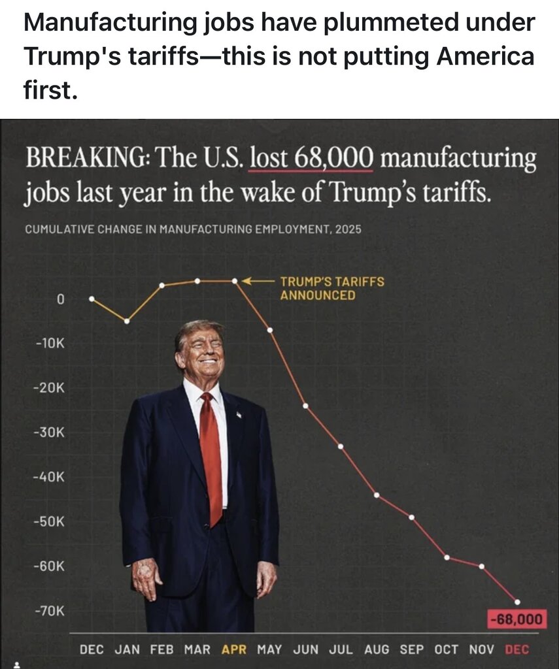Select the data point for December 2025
coord(517,602)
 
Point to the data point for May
coord(269,329)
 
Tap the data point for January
coord(127,321)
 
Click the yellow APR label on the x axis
coord(235,649)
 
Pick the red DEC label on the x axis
coord(517,649)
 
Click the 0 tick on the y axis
coord(60,300)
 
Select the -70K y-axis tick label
coord(50,611)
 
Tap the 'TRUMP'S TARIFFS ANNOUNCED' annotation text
coord(332,288)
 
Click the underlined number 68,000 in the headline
coord(334,158)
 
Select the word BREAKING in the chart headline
coord(86,158)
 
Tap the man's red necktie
coord(211,457)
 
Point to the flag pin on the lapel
coord(239,414)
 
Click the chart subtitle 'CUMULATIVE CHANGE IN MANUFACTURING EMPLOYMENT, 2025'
coord(193,230)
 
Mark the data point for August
coord(376,495)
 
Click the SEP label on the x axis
coord(411,649)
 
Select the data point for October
coord(447,557)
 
